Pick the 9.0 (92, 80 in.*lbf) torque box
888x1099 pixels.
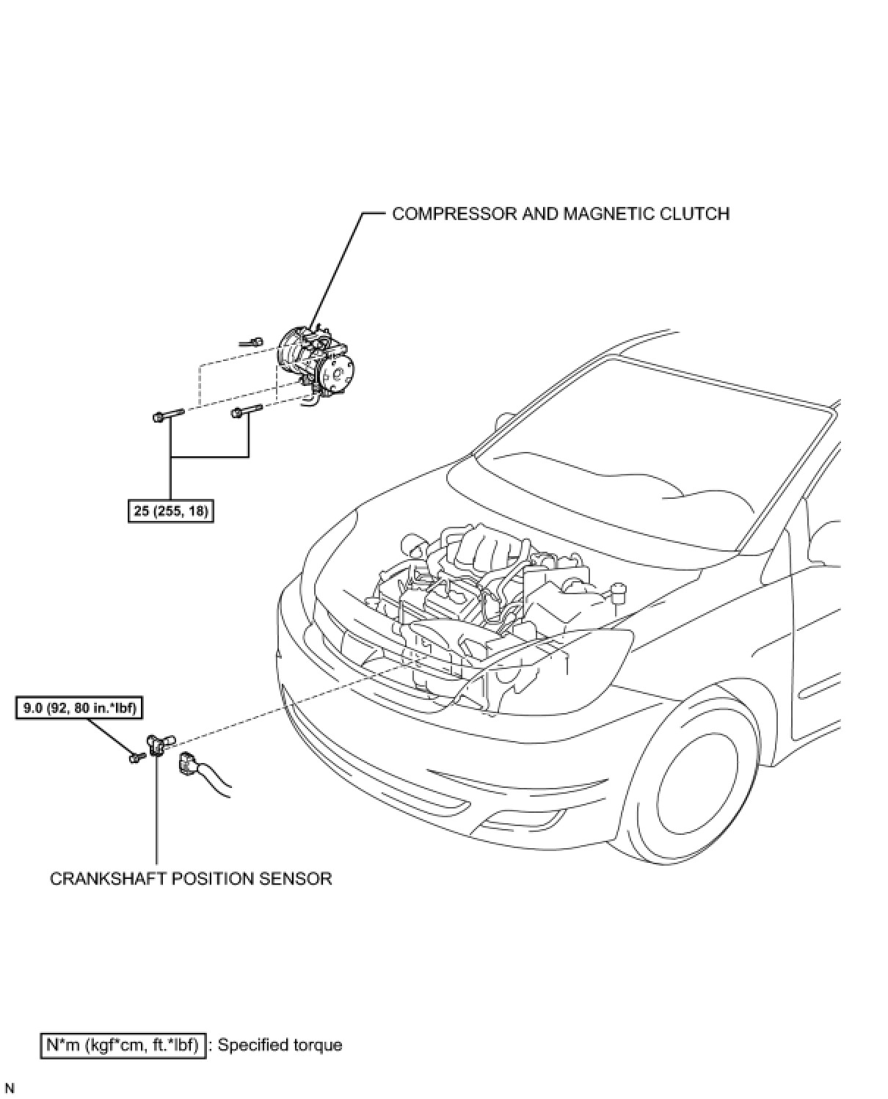pos(79,709)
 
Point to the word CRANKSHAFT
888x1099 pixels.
pos(108,878)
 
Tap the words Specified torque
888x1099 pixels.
pos(280,1044)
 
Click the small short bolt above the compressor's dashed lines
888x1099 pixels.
pos(252,341)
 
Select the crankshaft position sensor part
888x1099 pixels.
pos(157,745)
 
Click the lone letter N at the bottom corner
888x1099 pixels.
pos(10,1089)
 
